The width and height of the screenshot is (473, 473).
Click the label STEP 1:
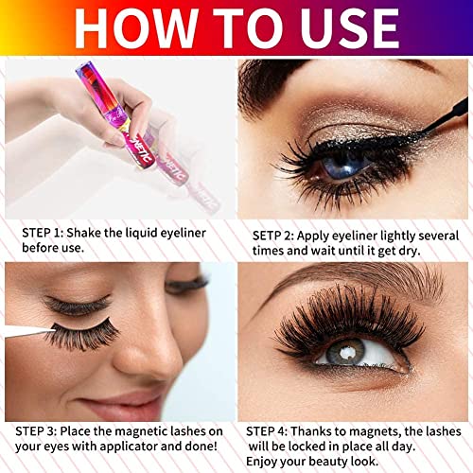[x=43, y=233]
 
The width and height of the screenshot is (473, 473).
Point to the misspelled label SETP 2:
[x=273, y=236]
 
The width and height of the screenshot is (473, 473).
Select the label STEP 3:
[x=36, y=431]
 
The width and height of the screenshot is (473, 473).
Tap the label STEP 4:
[x=267, y=431]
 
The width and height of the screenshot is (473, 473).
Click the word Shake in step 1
[x=83, y=233]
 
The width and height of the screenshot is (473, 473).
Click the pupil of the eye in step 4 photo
[x=346, y=351]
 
